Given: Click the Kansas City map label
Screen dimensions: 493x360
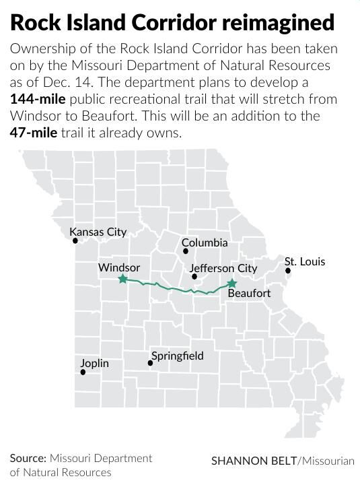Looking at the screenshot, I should [98, 232].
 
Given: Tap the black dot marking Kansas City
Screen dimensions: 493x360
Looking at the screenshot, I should [75, 240].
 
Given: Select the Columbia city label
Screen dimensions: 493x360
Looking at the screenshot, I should [205, 242].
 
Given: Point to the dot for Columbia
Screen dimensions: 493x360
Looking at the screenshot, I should [186, 251].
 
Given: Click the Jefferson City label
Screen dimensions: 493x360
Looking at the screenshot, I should [223, 268].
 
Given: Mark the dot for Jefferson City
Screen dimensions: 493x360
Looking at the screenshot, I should [194, 276].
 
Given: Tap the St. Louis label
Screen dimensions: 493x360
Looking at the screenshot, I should [304, 261].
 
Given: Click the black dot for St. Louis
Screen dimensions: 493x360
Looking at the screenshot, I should [288, 271].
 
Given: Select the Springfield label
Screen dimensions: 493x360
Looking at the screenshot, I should [178, 356].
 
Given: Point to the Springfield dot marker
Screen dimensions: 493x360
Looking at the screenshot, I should [151, 363].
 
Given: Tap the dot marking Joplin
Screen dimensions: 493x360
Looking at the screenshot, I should [83, 371].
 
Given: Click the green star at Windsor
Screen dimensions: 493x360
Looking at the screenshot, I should [122, 279].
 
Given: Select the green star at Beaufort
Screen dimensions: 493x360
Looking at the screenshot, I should [232, 284].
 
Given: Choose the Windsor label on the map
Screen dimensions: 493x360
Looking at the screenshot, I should [119, 267].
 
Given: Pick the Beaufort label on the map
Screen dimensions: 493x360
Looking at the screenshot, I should [249, 294].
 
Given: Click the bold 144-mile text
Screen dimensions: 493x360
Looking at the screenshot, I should [38, 100].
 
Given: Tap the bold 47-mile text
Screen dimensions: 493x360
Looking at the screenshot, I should [31, 132].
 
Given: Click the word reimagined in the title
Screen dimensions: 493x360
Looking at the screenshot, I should [271, 22].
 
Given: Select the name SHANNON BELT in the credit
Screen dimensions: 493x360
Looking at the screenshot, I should [254, 461].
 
